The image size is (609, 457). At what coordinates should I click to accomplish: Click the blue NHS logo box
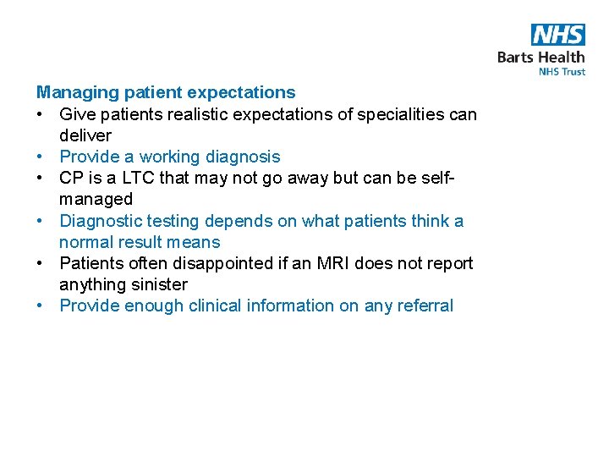click(557, 35)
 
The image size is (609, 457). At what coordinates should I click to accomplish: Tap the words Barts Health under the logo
click(540, 58)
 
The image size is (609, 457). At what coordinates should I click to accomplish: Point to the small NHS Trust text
click(562, 72)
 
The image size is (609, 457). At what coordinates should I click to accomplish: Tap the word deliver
click(85, 135)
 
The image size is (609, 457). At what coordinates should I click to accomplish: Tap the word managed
click(96, 200)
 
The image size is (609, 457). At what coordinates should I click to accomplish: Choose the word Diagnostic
click(101, 221)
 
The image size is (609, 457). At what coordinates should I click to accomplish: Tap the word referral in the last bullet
click(422, 306)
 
